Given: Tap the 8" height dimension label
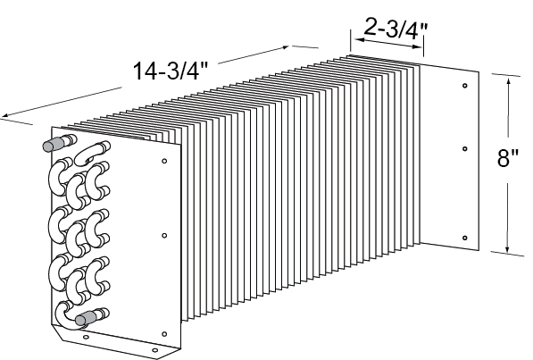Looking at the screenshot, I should click(508, 159).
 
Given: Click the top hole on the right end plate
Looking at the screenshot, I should click(465, 87).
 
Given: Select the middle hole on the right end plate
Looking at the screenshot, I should click(465, 148).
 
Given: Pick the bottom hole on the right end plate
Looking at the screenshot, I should click(465, 237).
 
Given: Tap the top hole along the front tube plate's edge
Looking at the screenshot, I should click(164, 162).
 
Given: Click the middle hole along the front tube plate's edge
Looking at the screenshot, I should click(164, 236).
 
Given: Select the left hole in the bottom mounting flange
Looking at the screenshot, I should click(85, 339).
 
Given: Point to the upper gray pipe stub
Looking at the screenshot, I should click(54, 143).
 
